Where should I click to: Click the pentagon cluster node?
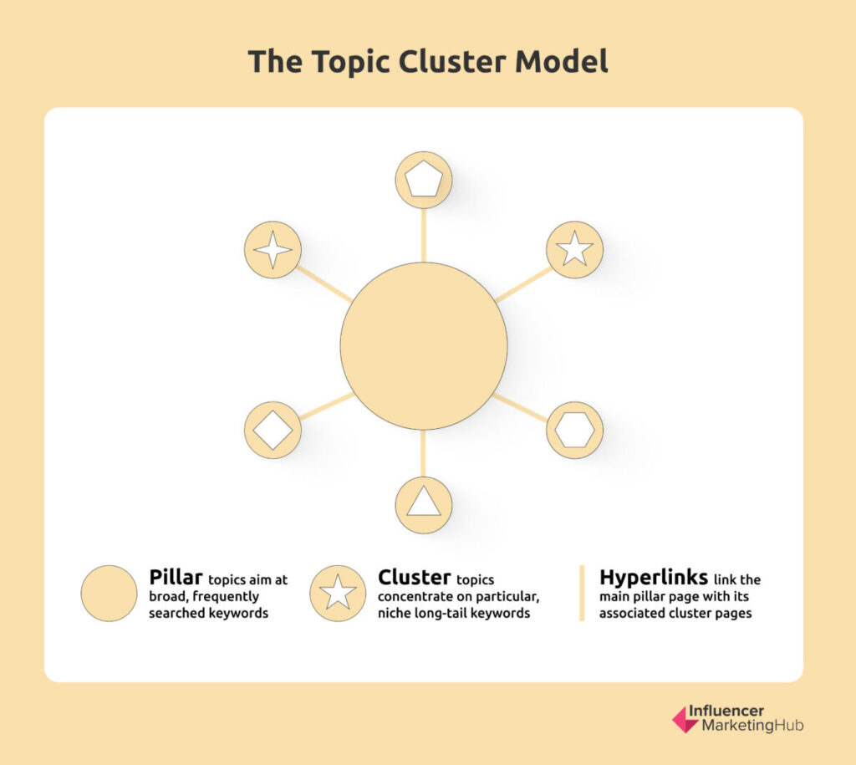(x=424, y=180)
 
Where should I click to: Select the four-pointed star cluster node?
(x=273, y=249)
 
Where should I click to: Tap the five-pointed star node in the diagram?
(x=575, y=249)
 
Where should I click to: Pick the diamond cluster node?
(x=273, y=430)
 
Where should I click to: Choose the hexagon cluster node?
(x=575, y=430)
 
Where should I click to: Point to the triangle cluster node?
(x=424, y=505)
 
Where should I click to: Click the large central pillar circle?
(x=424, y=345)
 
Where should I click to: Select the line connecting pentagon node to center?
(x=424, y=235)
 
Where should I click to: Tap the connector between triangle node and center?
(x=424, y=453)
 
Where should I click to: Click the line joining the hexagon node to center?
(x=521, y=408)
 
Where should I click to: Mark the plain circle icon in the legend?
(x=110, y=594)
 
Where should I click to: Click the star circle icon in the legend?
(x=338, y=594)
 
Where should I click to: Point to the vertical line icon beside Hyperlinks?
(x=582, y=594)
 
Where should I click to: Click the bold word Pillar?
(x=176, y=577)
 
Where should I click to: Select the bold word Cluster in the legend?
(x=415, y=577)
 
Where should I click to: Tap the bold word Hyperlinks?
(x=654, y=578)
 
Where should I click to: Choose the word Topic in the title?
(x=351, y=62)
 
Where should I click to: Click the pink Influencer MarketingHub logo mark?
(x=685, y=719)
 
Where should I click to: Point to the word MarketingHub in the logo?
(x=752, y=726)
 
